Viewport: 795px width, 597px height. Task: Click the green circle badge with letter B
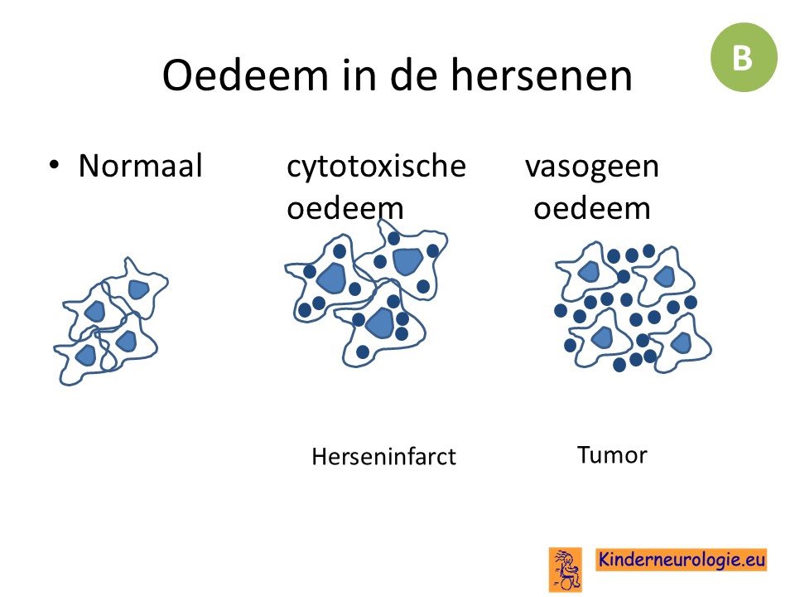[744, 57]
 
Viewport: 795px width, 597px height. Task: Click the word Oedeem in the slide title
[245, 75]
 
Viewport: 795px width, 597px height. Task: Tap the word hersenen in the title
[542, 75]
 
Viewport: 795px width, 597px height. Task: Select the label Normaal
[141, 166]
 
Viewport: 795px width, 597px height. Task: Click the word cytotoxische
[376, 166]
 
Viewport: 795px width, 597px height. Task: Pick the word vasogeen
[592, 166]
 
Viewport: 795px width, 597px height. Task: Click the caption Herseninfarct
[383, 456]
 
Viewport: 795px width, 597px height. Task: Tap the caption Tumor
[612, 455]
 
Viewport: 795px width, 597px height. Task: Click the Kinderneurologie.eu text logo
[681, 560]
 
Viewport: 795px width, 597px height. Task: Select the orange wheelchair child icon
[566, 570]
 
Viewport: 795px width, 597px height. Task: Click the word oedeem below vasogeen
[591, 208]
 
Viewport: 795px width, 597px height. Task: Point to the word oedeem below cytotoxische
[344, 208]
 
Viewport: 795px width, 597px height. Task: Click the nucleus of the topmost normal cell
[138, 289]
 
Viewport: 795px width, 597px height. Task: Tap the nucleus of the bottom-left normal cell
[85, 356]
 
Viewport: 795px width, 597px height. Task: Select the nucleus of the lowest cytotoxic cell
[380, 323]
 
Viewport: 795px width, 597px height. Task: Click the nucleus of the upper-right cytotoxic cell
[407, 261]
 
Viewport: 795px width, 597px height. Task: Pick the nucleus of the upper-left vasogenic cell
[589, 272]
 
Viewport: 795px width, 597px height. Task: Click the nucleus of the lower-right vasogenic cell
[682, 343]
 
